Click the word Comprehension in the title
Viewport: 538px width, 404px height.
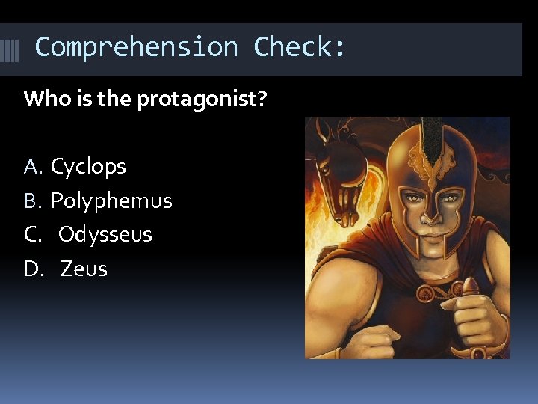point(136,47)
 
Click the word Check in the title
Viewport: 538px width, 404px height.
point(299,47)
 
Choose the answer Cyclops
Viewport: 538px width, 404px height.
point(88,166)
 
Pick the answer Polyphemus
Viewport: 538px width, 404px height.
point(111,201)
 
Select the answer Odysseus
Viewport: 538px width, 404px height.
point(105,234)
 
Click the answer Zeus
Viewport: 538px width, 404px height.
point(84,269)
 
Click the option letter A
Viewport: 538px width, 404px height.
point(32,166)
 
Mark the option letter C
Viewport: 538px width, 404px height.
point(32,234)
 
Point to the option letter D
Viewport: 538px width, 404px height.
point(32,269)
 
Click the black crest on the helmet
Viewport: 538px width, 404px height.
point(433,142)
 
